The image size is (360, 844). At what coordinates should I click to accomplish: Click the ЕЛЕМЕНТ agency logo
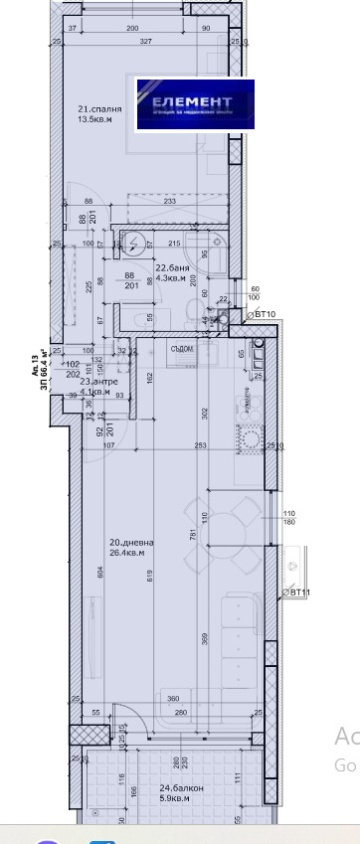pos(195,103)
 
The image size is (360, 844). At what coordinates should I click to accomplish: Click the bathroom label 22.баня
pos(170,268)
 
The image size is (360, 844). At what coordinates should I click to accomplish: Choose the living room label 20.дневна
pos(126,542)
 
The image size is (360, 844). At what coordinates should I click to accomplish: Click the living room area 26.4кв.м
pos(126,553)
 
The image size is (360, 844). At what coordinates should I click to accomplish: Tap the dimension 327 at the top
pos(146,42)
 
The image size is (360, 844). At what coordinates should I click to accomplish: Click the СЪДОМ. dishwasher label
pos(181,348)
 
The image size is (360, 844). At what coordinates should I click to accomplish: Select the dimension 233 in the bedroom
pos(170,202)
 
